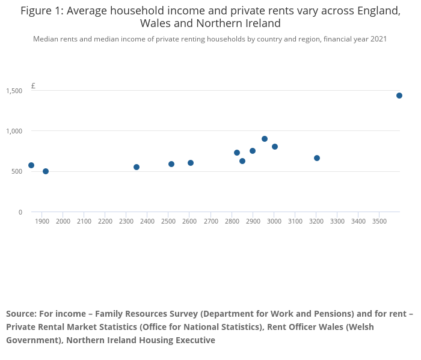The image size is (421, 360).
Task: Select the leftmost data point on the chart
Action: point(31,165)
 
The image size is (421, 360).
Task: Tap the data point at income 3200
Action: point(317,158)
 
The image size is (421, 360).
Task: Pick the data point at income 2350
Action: point(137,167)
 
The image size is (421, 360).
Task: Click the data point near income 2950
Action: point(265,139)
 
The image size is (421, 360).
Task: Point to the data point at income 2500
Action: point(171,164)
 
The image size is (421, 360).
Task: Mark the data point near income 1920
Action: point(46,171)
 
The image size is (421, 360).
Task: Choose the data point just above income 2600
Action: point(191,163)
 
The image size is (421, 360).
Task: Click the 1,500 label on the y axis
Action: point(14,91)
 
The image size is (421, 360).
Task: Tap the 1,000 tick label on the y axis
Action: point(14,131)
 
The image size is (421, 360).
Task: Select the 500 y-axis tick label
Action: point(17,171)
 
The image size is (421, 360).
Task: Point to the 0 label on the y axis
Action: point(20,212)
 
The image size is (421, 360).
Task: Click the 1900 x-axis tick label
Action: point(42,221)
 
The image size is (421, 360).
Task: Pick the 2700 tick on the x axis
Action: point(210,221)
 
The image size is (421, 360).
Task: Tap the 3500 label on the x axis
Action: point(379,221)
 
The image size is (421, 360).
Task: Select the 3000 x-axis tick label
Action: point(274,221)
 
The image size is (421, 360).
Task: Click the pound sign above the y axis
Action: point(33,86)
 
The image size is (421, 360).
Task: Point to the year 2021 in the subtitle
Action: point(377,39)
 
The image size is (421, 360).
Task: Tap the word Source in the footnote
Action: point(20,314)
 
